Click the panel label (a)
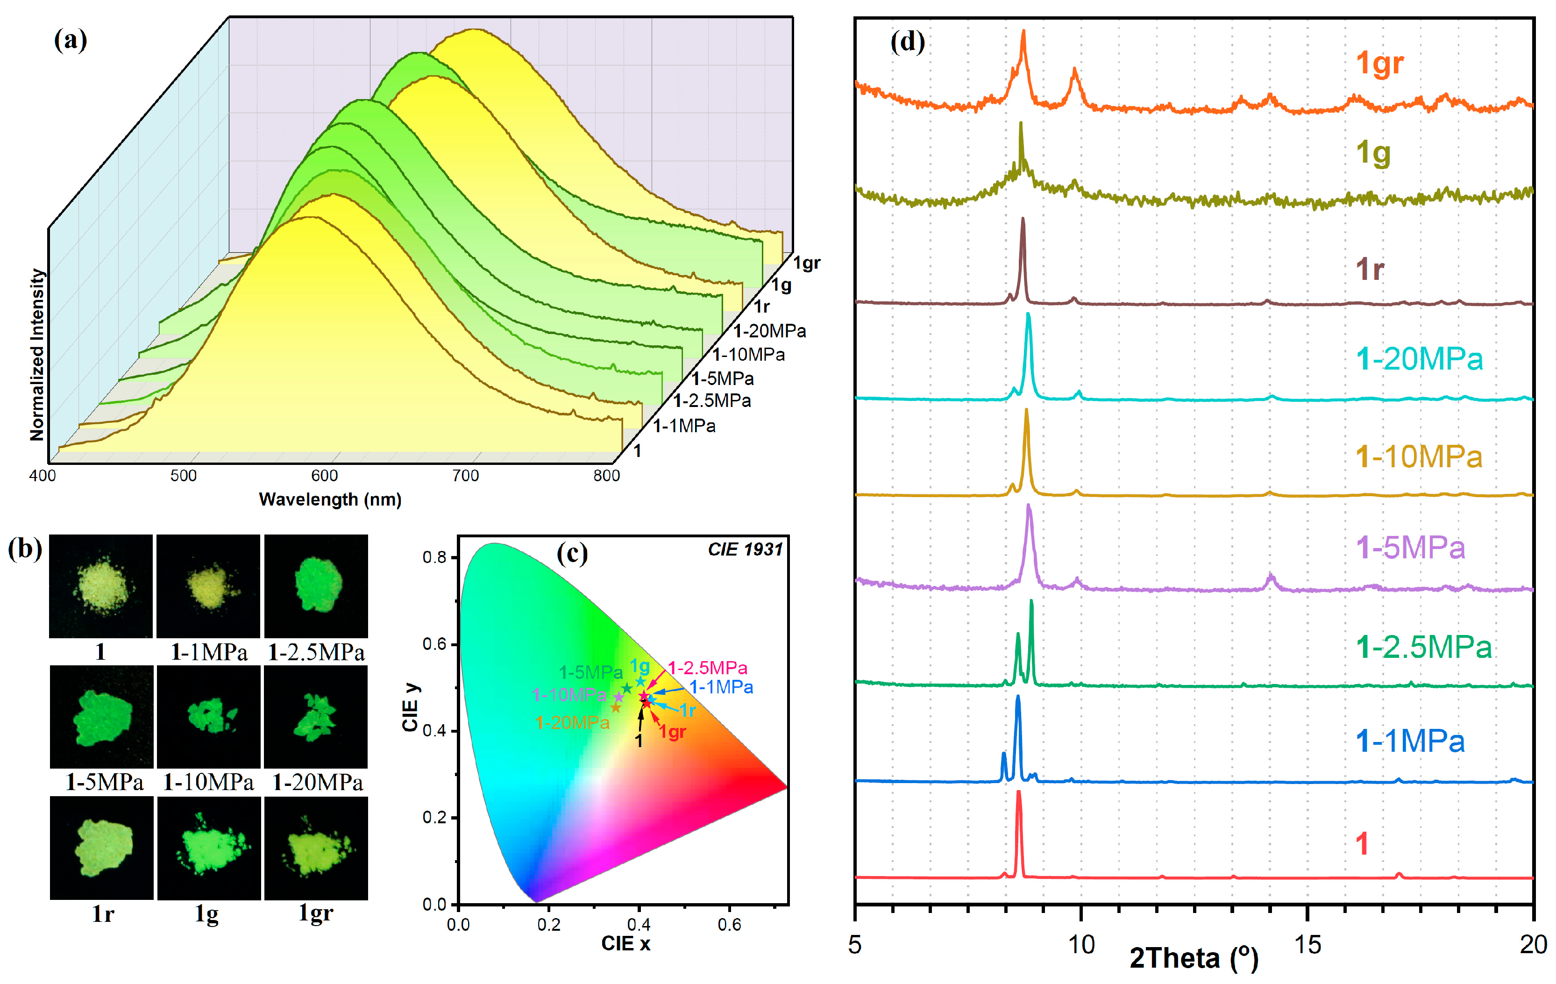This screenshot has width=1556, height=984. pos(71,40)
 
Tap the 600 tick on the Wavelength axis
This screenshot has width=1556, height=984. pos(324,476)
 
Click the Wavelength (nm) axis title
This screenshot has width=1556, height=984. pos(330,500)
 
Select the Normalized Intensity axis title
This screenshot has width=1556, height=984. pos(37,355)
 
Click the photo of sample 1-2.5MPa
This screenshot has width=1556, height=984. pos(316,586)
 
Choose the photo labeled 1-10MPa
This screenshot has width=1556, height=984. pos(209,717)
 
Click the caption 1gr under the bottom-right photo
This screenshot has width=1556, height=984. pos(316,913)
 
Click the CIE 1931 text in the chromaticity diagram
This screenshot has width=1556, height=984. pos(745,549)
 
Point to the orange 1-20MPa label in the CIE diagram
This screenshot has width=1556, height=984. pos(573,723)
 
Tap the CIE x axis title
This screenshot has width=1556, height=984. pos(625,944)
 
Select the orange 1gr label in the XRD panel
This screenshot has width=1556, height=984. pos(1379,64)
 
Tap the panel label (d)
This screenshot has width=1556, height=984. pos(907,42)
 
